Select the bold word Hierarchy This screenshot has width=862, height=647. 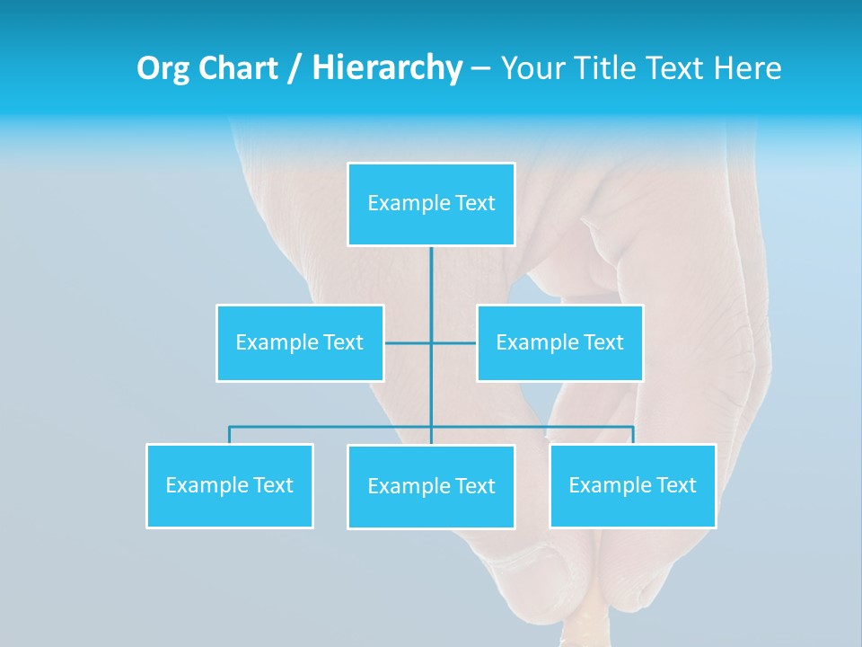[x=387, y=68]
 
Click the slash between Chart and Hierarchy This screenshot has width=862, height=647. [x=295, y=68]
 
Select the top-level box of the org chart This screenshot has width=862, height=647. [x=431, y=204]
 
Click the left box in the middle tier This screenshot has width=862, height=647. [x=300, y=343]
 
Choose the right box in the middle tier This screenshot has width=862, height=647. [x=559, y=343]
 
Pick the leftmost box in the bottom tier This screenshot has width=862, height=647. [x=230, y=486]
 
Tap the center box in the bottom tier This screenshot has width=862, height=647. [x=431, y=487]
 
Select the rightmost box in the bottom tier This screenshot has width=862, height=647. [x=632, y=486]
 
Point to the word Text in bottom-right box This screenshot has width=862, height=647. [x=675, y=486]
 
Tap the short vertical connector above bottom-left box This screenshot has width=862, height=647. [x=230, y=435]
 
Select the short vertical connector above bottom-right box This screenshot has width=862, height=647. [x=633, y=435]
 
